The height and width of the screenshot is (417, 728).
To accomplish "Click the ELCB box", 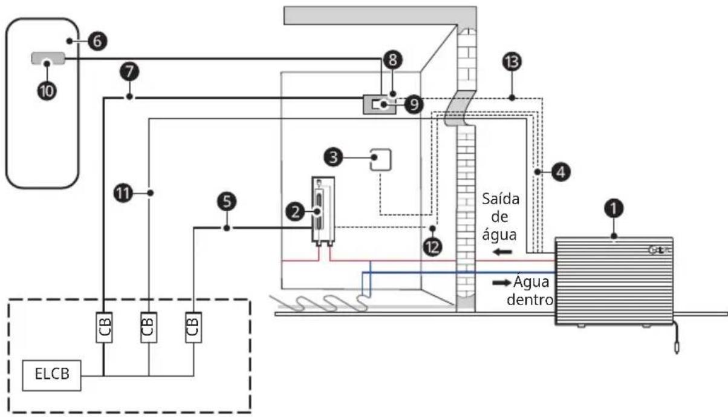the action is click(51, 375).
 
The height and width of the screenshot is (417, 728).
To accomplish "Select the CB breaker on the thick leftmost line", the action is click(104, 327).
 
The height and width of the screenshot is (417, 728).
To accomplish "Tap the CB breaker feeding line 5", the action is click(193, 327).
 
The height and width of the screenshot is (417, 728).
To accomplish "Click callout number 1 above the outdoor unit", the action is click(614, 208).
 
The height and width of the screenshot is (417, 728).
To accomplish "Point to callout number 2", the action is click(295, 212).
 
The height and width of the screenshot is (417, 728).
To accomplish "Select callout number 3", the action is click(333, 157).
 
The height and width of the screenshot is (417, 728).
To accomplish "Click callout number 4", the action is click(561, 172).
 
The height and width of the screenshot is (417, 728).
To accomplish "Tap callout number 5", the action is click(227, 202).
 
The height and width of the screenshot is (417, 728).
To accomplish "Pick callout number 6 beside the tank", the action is click(97, 41).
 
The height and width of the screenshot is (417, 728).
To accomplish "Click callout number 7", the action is click(129, 71).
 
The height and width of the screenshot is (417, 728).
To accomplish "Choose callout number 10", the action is click(47, 91).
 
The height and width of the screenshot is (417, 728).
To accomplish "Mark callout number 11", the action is click(123, 194).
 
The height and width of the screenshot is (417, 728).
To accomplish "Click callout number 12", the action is click(432, 247).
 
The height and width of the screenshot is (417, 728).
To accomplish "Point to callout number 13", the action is click(512, 62).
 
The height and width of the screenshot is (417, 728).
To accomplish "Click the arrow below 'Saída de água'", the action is click(502, 252).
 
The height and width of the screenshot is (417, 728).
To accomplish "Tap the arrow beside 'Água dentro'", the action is click(502, 283).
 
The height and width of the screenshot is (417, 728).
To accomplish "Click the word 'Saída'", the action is click(501, 199).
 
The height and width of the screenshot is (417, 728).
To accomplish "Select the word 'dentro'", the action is click(530, 300).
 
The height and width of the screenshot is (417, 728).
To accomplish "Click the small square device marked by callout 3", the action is click(380, 160).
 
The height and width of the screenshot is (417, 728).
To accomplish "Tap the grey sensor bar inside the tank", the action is click(48, 58).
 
